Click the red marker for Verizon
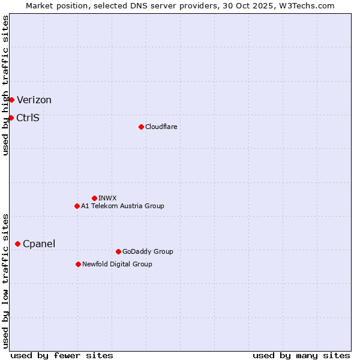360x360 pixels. coord(11,100)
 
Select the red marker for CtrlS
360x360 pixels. coord(11,118)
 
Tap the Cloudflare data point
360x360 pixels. coord(141,127)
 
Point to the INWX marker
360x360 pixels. coord(94,198)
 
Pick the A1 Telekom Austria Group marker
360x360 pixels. coord(77,206)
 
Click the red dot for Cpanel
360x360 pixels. coord(17,244)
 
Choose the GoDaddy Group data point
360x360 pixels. coord(118,251)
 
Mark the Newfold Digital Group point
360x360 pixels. coord(78,264)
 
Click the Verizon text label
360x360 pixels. coord(34,100)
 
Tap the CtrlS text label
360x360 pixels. coord(28,118)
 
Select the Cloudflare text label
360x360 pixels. coord(161,127)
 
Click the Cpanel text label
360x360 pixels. coord(39,244)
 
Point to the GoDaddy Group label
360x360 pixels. coord(148,251)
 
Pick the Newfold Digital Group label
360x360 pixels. coord(117,264)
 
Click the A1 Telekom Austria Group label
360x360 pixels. coord(122,206)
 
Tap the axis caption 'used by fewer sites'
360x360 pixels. coord(62,355)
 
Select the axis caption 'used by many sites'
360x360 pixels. coord(301,355)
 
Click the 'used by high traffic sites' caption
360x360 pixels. coord(5,85)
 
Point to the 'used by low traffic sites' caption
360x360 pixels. coord(5,280)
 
